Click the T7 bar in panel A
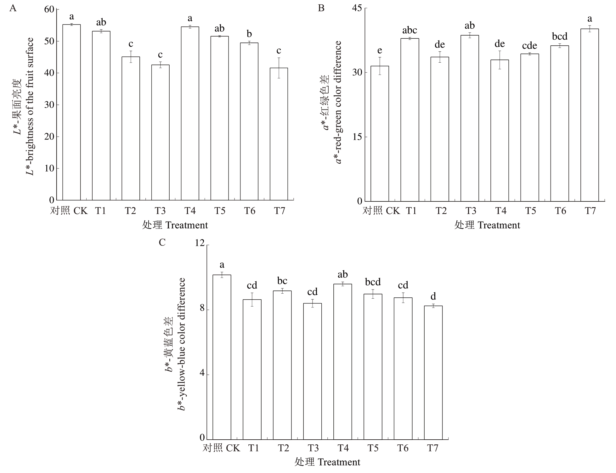pyautogui.click(x=279, y=134)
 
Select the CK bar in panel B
pyautogui.click(x=380, y=133)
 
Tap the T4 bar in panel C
pyautogui.click(x=342, y=362)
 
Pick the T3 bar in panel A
pyautogui.click(x=160, y=132)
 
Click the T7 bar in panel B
pyautogui.click(x=590, y=115)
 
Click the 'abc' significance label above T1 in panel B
pyautogui.click(x=410, y=31)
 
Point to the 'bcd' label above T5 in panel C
pyautogui.click(x=373, y=282)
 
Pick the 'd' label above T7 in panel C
pyautogui.click(x=433, y=296)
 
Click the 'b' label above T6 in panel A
pyautogui.click(x=249, y=34)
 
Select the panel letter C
pyautogui.click(x=162, y=243)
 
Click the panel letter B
pyautogui.click(x=321, y=8)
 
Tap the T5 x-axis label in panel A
pyautogui.click(x=220, y=211)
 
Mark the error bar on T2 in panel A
pyautogui.click(x=131, y=57)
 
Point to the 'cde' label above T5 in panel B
pyautogui.click(x=529, y=46)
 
